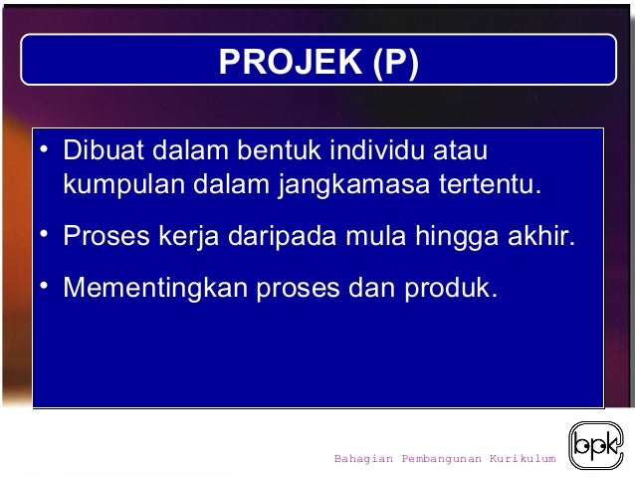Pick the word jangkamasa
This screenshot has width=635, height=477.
(346, 185)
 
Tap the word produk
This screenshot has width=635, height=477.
(448, 288)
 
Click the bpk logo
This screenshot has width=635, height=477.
(596, 445)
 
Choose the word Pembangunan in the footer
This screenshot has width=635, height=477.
(441, 459)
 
